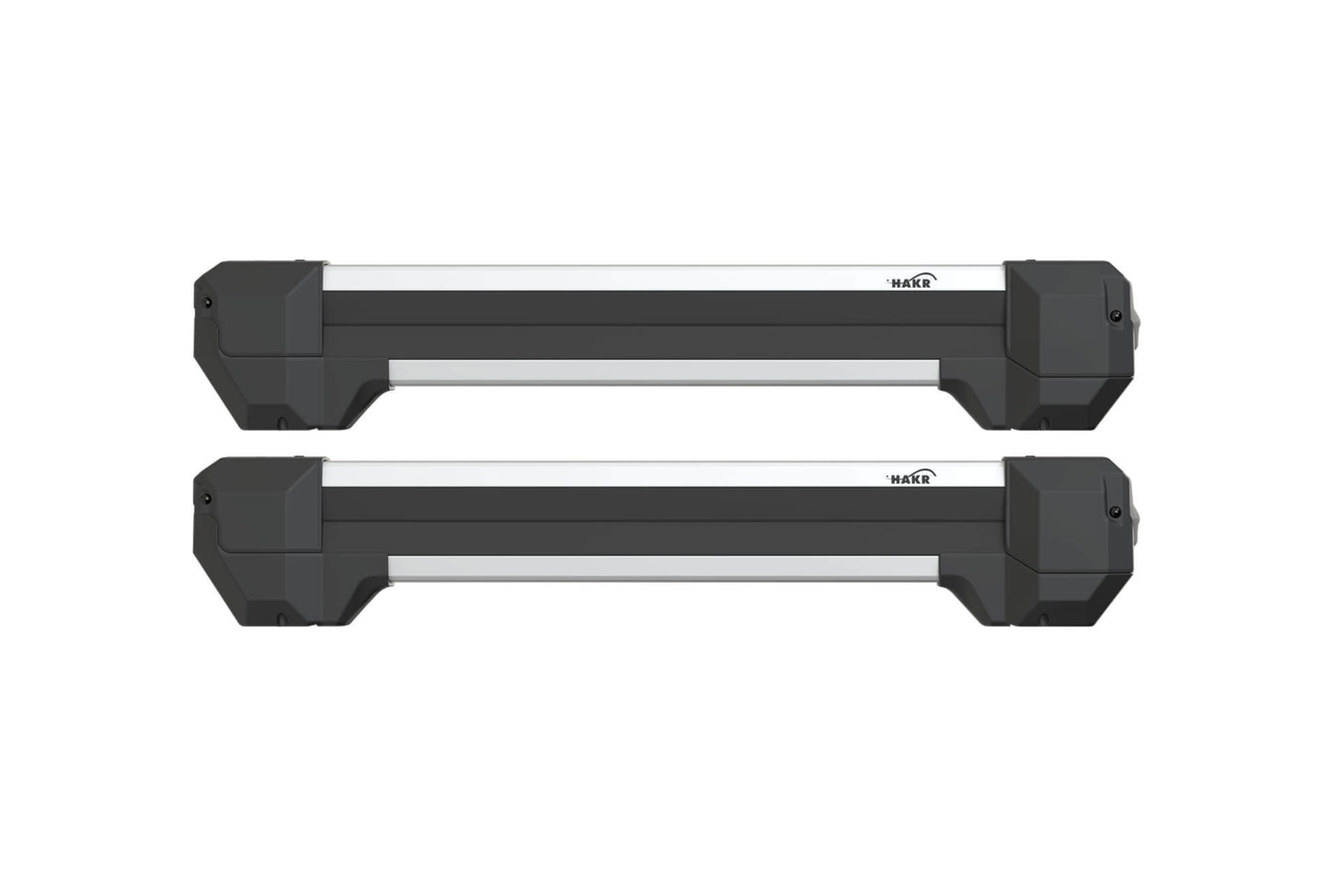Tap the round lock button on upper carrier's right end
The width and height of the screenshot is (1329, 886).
pyautogui.click(x=1116, y=316)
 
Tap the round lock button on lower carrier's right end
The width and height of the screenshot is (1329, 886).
pyautogui.click(x=1116, y=512)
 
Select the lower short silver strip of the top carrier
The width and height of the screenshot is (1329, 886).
pyautogui.click(x=662, y=371)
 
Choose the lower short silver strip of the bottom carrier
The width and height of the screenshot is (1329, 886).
pyautogui.click(x=662, y=568)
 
